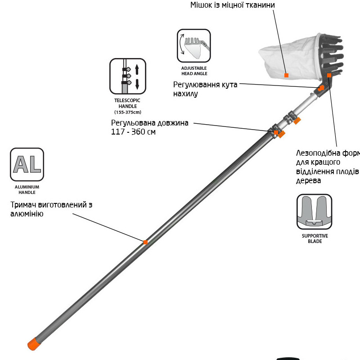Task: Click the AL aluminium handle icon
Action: coord(27,165)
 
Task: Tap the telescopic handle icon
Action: coord(128,76)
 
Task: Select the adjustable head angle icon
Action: coord(194,46)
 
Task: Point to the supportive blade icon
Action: coord(314,212)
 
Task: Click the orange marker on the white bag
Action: coord(286,75)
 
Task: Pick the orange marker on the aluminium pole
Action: coord(145,242)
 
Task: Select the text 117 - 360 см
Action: coord(133,132)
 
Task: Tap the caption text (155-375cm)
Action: coord(128,112)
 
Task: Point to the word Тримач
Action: coord(25,205)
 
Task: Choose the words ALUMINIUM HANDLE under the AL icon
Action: coord(27,189)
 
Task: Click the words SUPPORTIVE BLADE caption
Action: coord(315,238)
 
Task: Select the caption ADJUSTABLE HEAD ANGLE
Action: coord(194,71)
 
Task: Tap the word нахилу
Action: coord(185,94)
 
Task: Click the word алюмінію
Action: coord(27,214)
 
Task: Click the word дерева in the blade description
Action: coord(308,181)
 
